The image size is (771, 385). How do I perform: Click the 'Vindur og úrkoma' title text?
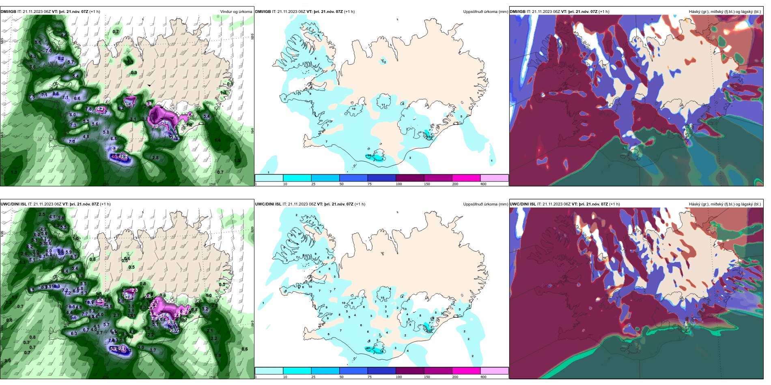click(x=236, y=12)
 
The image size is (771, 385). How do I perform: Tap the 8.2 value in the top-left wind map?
click(x=61, y=58)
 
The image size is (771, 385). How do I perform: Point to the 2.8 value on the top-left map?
click(x=155, y=158)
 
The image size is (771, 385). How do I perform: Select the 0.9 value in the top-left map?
click(x=134, y=73)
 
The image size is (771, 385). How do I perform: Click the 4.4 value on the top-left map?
click(x=64, y=35)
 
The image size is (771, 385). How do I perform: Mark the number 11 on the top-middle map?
click(x=383, y=105)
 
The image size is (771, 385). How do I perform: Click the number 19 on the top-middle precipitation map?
click(x=429, y=137)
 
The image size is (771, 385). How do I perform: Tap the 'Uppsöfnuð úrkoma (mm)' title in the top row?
click(x=485, y=12)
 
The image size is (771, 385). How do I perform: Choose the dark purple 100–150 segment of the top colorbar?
click(x=410, y=178)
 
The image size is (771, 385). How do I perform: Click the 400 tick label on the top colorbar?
click(x=483, y=184)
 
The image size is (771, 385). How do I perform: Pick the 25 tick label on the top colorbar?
click(x=313, y=184)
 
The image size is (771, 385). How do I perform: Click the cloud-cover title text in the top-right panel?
click(x=725, y=12)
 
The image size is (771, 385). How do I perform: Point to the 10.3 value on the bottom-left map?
click(x=56, y=287)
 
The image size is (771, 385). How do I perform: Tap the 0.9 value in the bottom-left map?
click(x=8, y=361)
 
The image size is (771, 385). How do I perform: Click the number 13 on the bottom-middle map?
click(x=382, y=298)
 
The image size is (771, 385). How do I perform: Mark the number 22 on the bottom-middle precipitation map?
click(x=429, y=331)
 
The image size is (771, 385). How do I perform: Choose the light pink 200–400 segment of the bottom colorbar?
click(x=494, y=371)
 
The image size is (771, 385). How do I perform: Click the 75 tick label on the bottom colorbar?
click(x=370, y=377)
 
